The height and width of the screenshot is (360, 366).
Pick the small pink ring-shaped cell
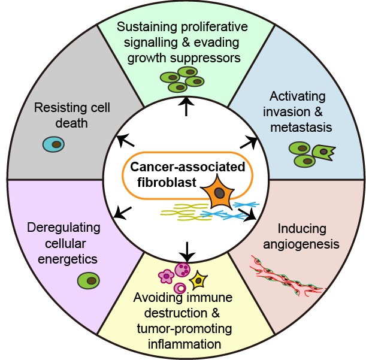(x=179, y=285)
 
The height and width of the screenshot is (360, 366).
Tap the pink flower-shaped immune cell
(x=165, y=276)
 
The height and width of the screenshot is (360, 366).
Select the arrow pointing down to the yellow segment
(x=187, y=250)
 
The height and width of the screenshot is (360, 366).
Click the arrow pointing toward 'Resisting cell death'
(x=125, y=141)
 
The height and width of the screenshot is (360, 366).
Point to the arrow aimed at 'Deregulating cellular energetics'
(x=122, y=212)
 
